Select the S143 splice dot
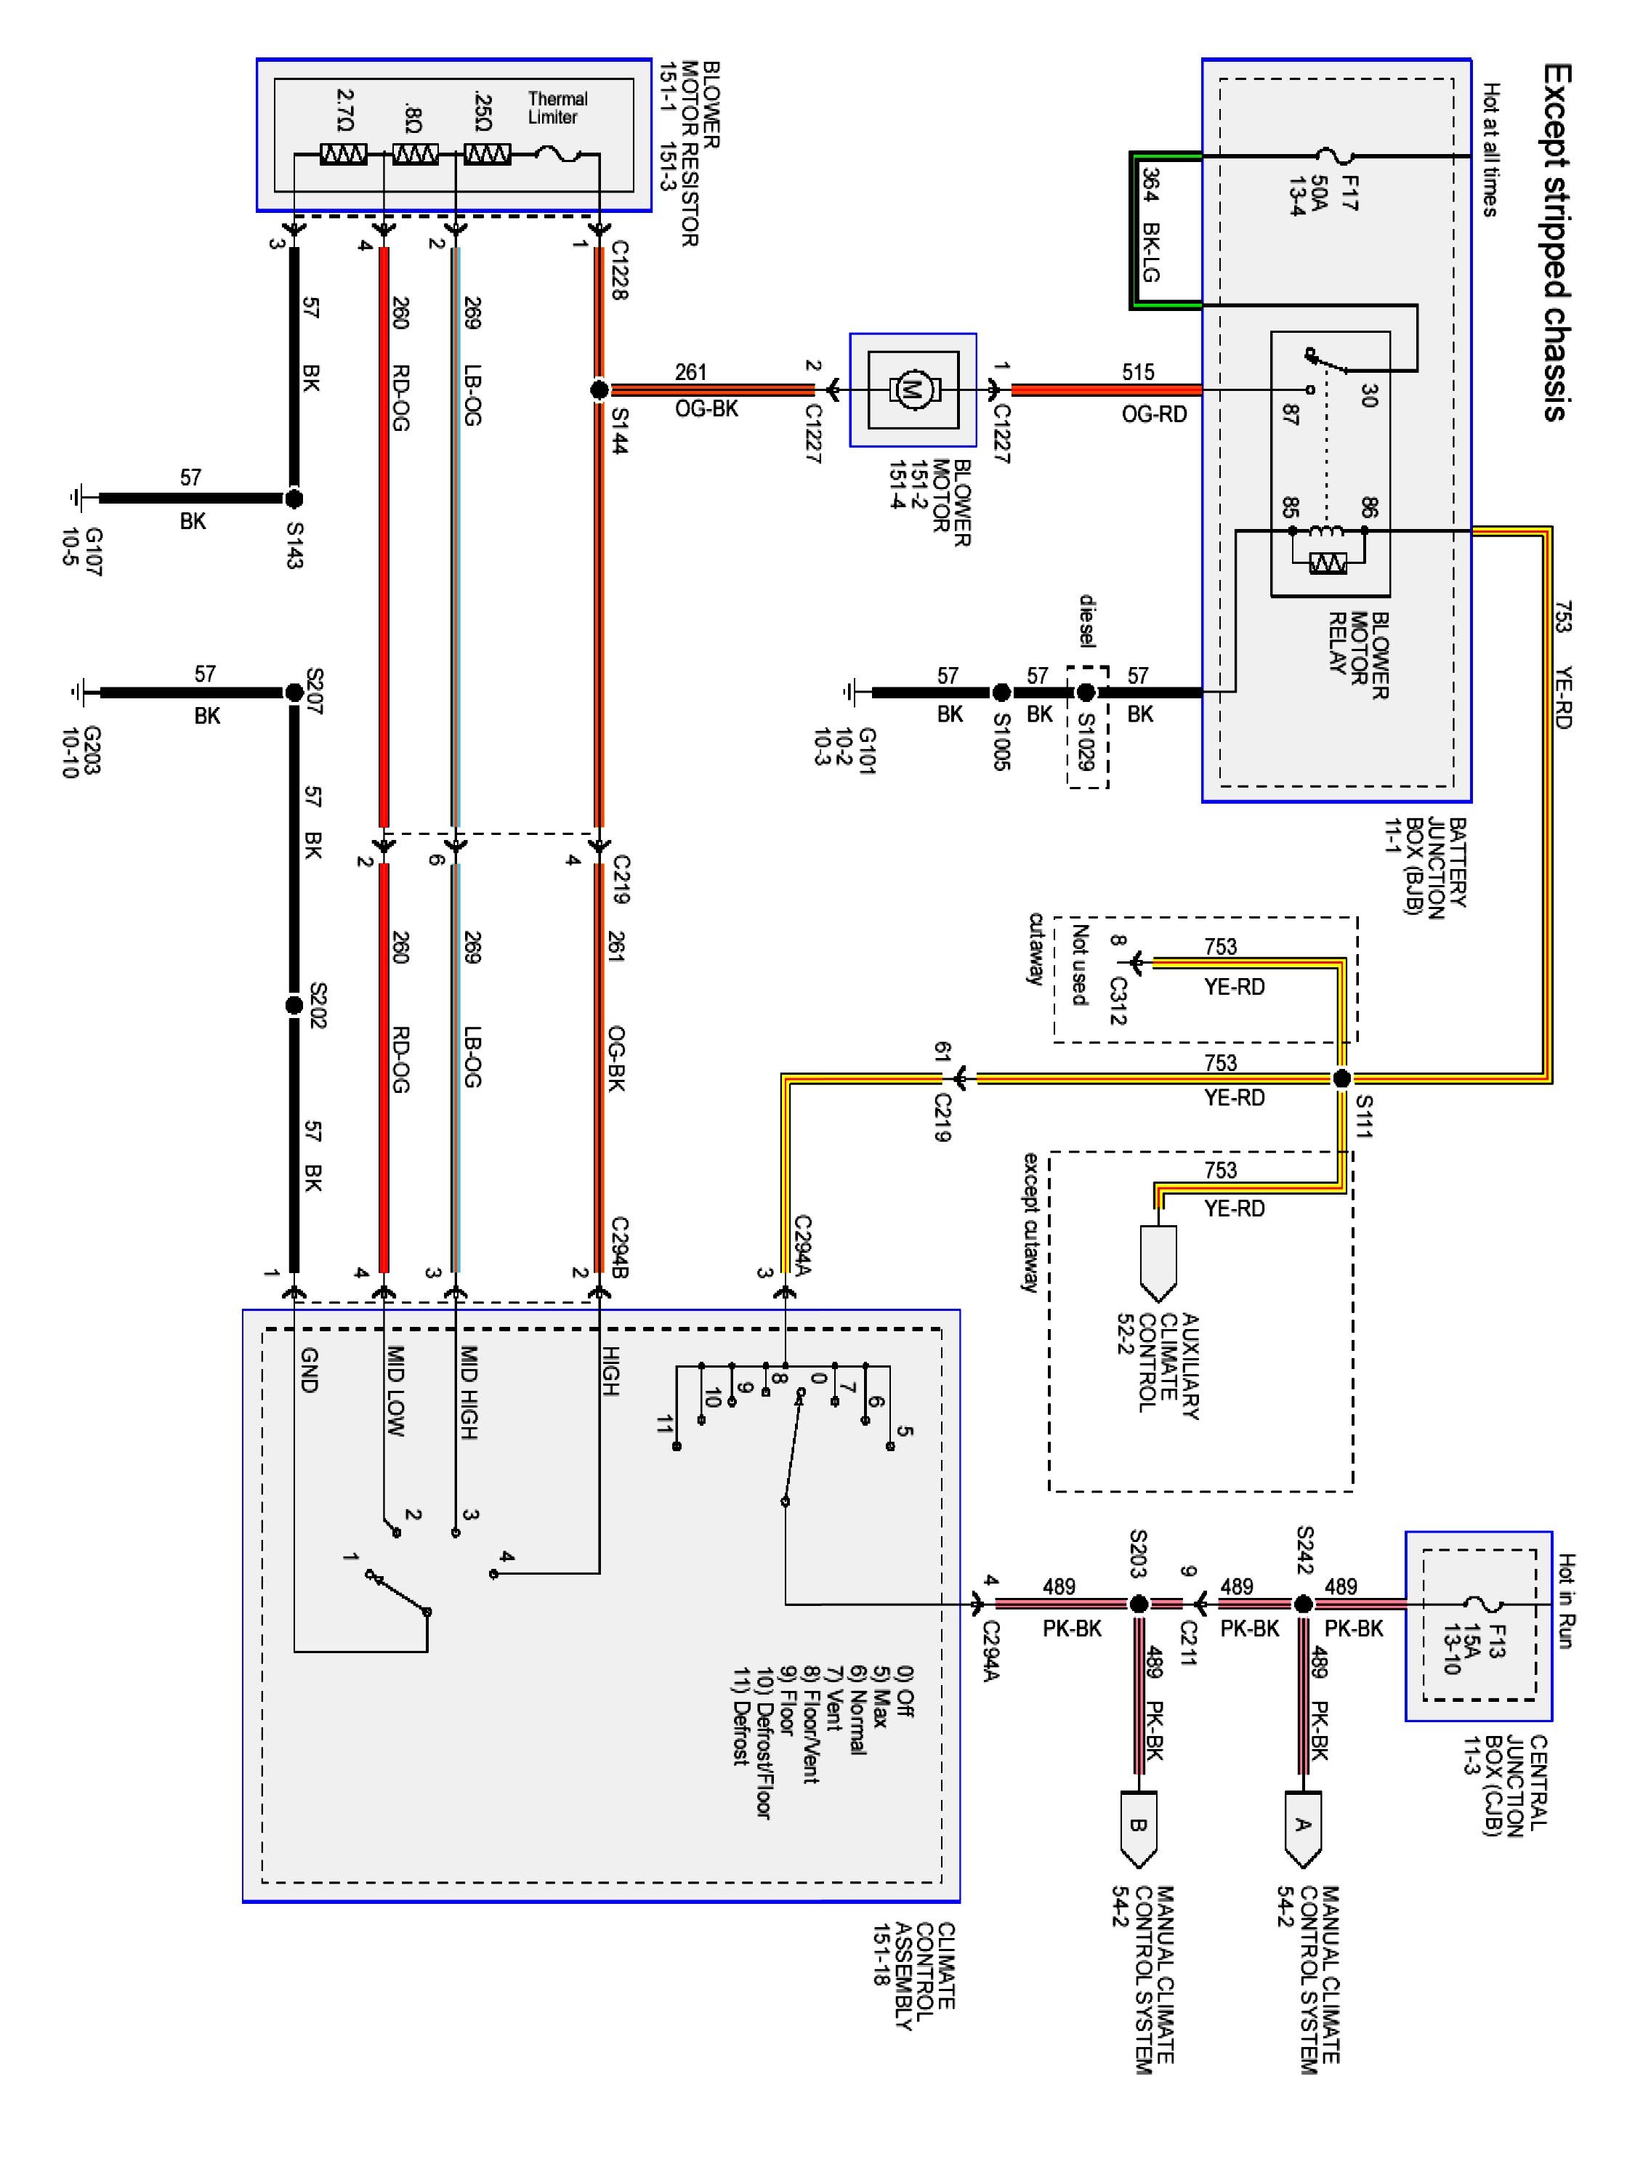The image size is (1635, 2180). point(294,498)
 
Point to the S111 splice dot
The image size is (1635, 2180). point(1341,1079)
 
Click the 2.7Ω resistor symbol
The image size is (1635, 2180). point(343,155)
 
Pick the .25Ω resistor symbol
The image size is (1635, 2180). point(487,155)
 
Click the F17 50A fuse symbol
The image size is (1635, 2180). point(1336,156)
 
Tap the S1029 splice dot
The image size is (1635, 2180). point(1086,693)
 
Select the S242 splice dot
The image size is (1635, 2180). point(1303,1604)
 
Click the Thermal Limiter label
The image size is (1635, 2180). point(557,108)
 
